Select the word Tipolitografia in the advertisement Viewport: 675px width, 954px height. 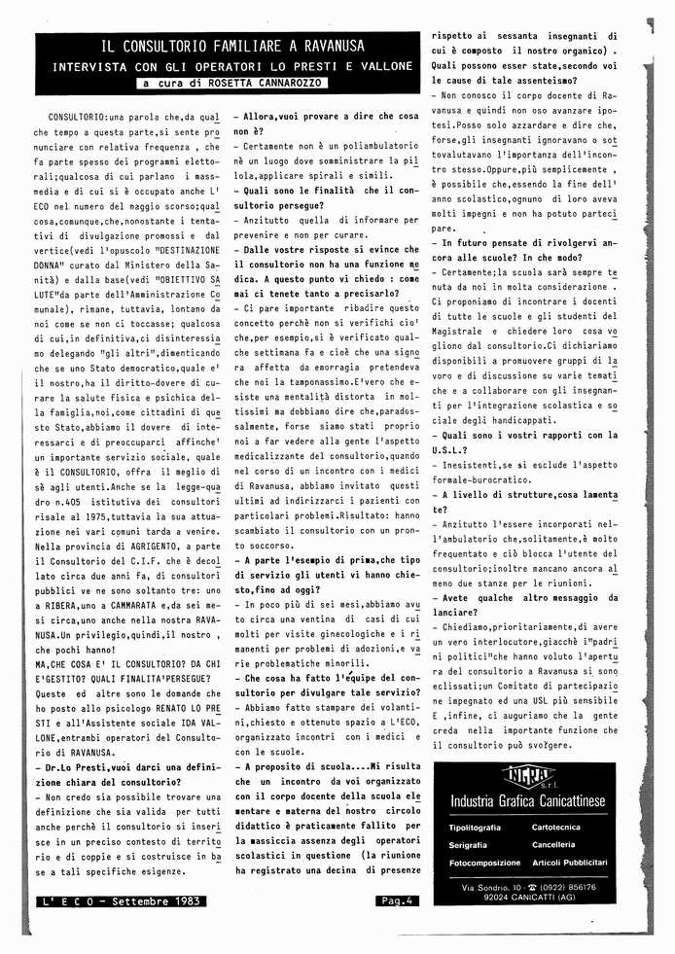(476, 827)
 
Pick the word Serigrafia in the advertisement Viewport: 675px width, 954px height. (468, 844)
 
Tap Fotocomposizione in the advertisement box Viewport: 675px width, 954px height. (485, 862)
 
